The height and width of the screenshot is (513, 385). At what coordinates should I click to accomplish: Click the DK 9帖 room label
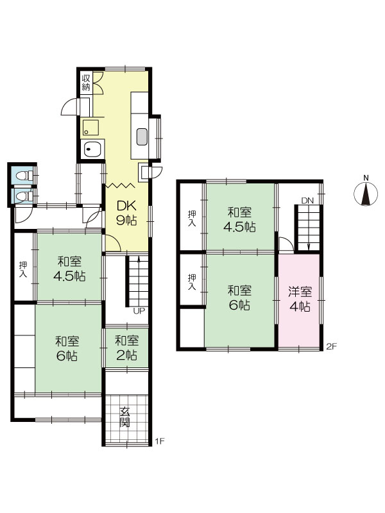(126, 213)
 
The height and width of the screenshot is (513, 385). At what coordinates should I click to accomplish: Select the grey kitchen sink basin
(142, 137)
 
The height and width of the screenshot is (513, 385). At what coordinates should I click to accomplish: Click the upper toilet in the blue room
(22, 175)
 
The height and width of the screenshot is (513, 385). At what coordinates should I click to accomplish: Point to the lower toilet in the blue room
(22, 196)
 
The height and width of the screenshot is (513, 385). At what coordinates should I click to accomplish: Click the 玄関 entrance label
(124, 416)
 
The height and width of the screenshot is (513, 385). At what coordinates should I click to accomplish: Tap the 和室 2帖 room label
(126, 348)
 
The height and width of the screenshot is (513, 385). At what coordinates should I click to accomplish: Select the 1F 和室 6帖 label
(67, 348)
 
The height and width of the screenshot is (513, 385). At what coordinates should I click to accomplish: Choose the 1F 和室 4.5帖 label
(69, 269)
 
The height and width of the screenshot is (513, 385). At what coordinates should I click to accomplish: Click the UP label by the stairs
(139, 311)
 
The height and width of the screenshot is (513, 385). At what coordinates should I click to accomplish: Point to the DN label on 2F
(307, 201)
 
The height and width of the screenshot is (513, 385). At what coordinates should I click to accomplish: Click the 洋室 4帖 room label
(300, 299)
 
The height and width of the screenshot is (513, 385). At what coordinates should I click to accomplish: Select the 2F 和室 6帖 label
(239, 298)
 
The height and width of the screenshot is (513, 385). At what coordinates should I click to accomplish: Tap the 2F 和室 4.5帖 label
(239, 219)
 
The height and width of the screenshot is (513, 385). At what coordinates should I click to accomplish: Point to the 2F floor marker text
(332, 346)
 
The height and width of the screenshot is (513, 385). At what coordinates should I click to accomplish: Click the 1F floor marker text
(159, 442)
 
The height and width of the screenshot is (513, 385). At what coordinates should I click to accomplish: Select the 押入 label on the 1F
(23, 269)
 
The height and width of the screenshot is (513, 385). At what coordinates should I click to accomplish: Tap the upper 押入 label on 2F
(192, 219)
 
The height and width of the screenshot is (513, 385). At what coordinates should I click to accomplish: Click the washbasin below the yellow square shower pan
(92, 150)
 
